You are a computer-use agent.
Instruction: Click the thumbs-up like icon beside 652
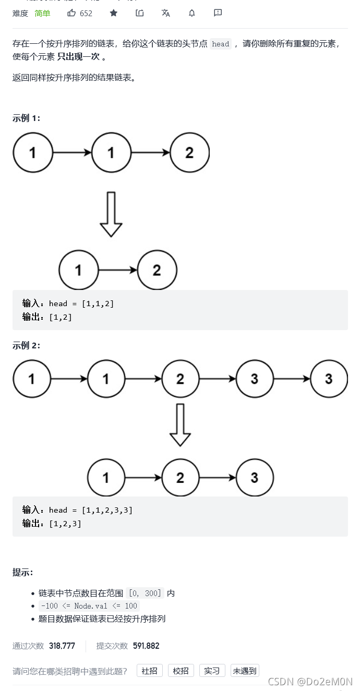[71, 13]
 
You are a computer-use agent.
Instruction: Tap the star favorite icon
[114, 13]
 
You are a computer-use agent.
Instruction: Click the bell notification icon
[192, 13]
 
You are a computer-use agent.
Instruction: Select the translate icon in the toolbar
[166, 13]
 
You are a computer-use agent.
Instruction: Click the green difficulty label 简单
[42, 13]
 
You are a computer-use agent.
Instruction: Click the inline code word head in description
[220, 44]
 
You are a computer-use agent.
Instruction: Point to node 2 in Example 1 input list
[189, 153]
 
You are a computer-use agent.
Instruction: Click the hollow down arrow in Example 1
[111, 214]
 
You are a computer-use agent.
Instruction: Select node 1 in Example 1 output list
[79, 271]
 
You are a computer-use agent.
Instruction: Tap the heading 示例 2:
[26, 345]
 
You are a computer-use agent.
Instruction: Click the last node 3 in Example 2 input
[329, 379]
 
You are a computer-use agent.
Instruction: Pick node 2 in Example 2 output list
[180, 478]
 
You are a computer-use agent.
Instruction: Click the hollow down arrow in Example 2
[180, 425]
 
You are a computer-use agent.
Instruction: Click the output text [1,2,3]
[65, 524]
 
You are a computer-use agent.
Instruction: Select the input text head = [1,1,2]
[81, 304]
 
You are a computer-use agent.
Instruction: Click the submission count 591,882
[146, 646]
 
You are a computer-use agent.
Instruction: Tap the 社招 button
[150, 671]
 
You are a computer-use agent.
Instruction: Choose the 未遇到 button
[245, 671]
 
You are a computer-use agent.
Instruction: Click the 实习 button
[212, 671]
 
